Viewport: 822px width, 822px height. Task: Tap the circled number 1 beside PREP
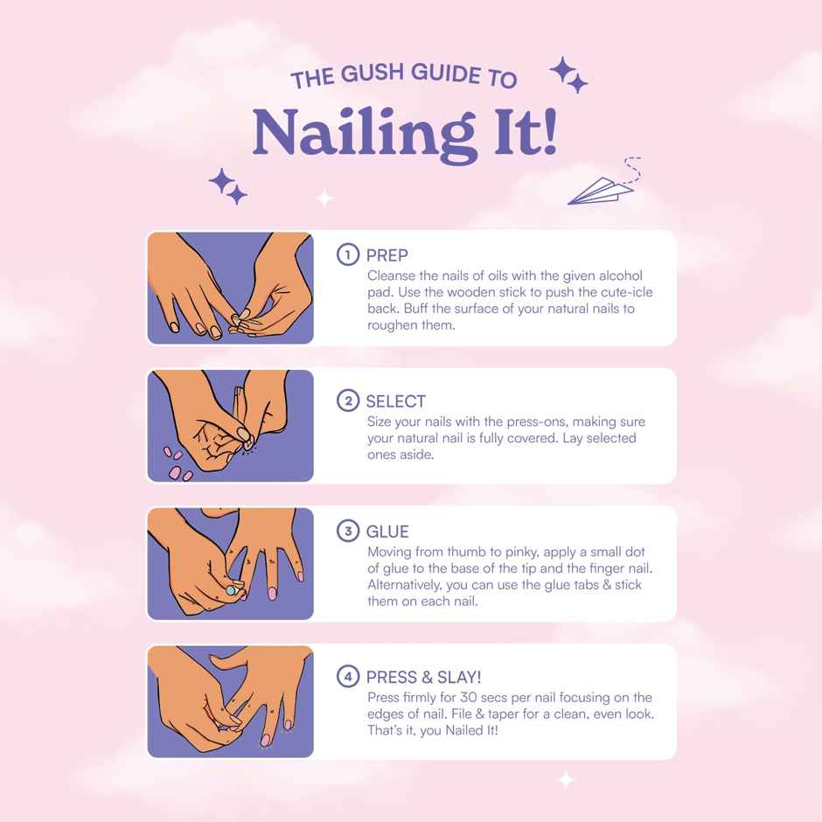(347, 254)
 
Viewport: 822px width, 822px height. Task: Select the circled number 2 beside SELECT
(347, 401)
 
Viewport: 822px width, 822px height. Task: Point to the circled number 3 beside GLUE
(347, 532)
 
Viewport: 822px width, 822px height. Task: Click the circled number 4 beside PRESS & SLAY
(347, 677)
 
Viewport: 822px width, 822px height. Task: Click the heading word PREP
(387, 255)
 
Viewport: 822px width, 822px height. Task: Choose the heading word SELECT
(395, 401)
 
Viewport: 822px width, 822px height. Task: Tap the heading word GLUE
(387, 532)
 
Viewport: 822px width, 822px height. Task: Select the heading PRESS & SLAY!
(423, 677)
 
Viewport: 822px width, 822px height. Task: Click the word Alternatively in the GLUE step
(409, 584)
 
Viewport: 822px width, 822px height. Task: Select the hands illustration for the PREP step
(230, 288)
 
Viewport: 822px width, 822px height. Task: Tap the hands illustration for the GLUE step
(230, 563)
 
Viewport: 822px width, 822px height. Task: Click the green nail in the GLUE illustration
(231, 591)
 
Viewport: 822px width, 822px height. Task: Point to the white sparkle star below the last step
(566, 779)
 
